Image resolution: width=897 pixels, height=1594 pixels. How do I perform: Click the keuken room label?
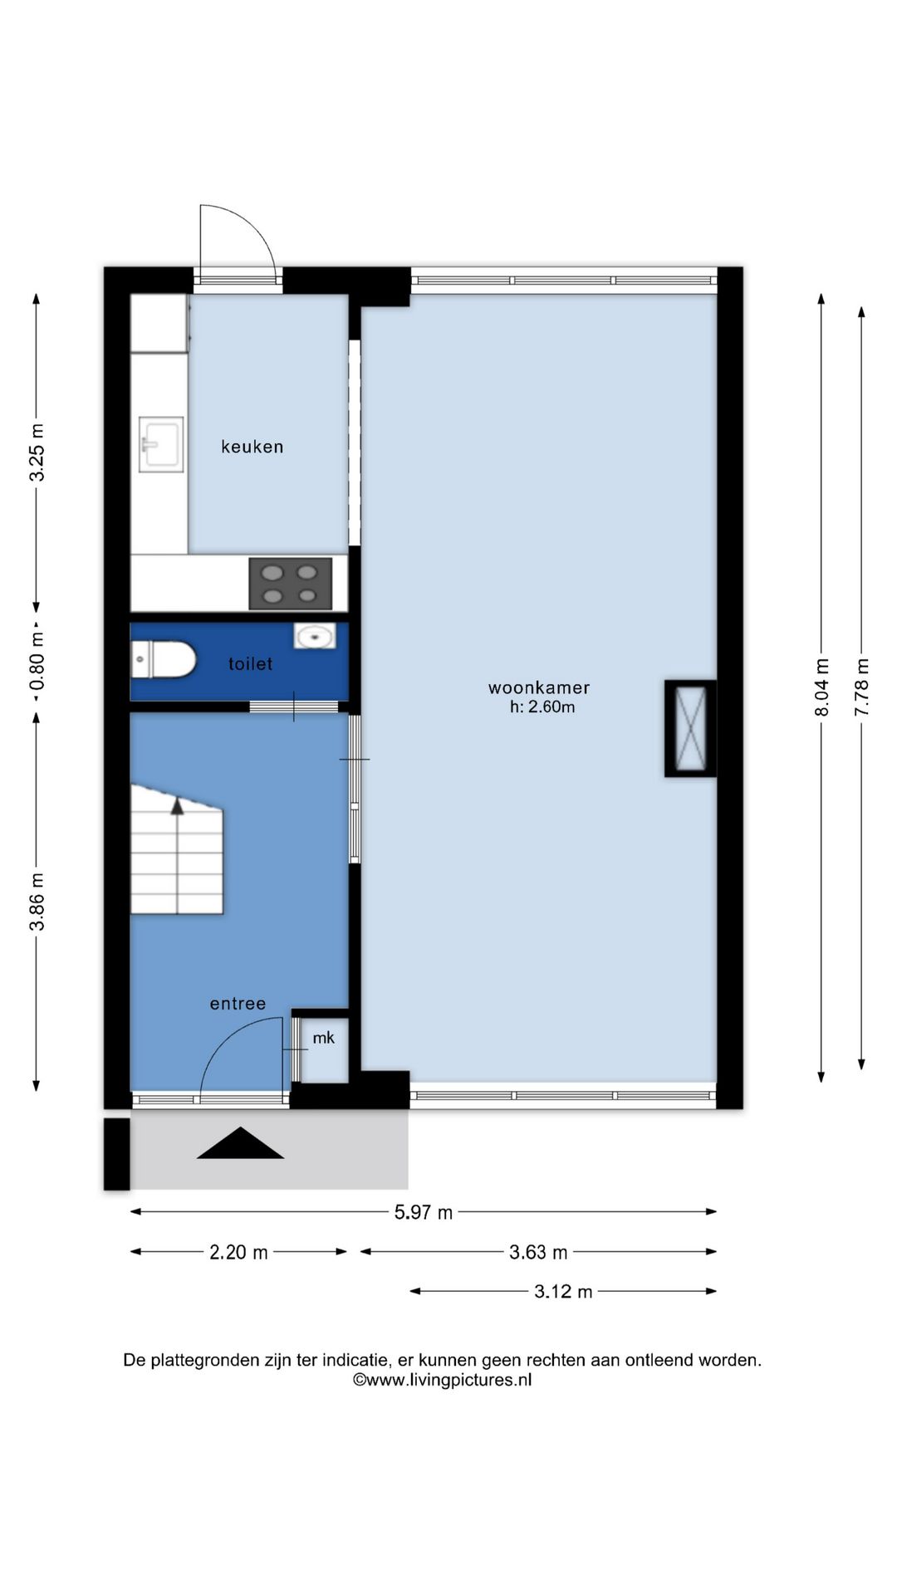pos(252,447)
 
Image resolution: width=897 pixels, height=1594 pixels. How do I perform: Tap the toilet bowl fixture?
pos(163,661)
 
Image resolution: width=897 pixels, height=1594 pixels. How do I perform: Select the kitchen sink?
pos(161,444)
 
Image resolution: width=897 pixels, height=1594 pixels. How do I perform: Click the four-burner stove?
pos(291,584)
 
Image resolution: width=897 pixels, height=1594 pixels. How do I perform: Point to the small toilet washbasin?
pos(315,637)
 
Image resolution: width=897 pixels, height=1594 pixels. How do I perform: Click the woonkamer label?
pos(539,687)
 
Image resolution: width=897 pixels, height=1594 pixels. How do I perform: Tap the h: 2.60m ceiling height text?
pos(542,707)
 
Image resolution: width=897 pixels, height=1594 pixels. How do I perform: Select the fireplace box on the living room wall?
pos(690,729)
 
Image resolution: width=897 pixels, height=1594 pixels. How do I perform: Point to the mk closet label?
pos(324,1038)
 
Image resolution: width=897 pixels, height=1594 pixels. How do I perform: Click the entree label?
pos(238,1004)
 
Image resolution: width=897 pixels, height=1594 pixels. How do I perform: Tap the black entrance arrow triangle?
pos(240,1143)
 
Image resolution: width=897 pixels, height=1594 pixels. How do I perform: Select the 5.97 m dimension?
pos(424,1212)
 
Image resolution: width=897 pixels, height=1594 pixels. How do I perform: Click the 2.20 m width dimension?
pos(238,1252)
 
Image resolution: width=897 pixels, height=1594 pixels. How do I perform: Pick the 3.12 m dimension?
pos(563,1292)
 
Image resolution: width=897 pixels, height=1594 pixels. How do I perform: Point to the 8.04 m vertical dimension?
pos(821,687)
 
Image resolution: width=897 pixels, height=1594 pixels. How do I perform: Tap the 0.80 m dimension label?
pos(37,662)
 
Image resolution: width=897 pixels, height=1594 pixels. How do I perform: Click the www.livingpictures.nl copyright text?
pos(442,1380)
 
